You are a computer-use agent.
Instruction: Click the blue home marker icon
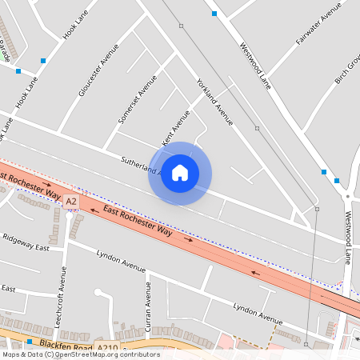tap(180, 173)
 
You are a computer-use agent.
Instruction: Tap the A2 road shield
tap(72, 201)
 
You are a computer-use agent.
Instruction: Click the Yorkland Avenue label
tap(214, 102)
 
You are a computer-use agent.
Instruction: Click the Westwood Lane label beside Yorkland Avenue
tap(255, 64)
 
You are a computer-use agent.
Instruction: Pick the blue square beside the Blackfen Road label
tap(30, 342)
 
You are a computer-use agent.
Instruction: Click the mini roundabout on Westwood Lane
tap(348, 196)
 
